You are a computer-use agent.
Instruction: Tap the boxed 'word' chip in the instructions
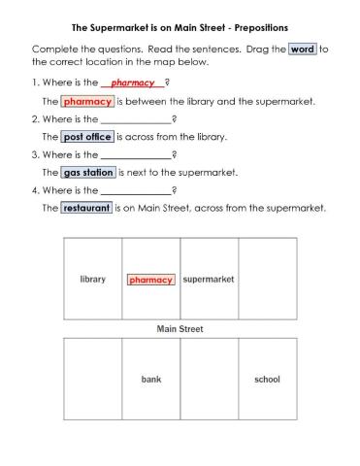point(303,49)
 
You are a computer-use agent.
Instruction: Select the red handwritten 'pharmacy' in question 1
point(133,83)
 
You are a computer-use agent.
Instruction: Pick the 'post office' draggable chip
point(86,137)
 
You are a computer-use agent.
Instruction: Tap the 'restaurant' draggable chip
point(85,209)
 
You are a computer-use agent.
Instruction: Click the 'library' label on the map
point(92,280)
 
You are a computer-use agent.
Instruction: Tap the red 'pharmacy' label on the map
point(150,280)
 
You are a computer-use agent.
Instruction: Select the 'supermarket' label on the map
point(209,280)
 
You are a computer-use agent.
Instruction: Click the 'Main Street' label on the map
point(180,329)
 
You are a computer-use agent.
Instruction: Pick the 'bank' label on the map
point(150,380)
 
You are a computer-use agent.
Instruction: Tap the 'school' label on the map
point(267,380)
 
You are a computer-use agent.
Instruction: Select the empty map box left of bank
point(92,380)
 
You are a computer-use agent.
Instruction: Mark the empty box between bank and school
point(209,380)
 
